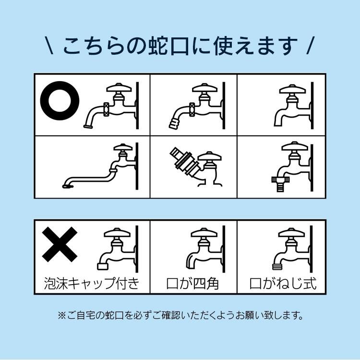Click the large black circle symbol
point(60,102)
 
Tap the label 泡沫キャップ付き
point(91,283)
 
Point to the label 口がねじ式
point(283,283)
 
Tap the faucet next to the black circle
point(113,106)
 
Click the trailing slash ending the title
point(310,46)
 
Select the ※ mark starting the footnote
point(61,316)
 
